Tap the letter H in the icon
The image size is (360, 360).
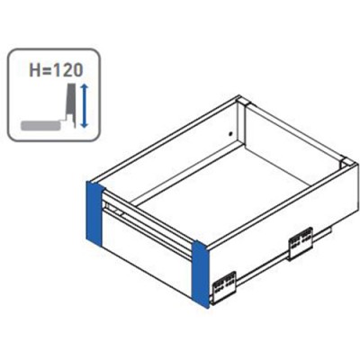[34, 70]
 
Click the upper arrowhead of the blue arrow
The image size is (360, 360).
[85, 88]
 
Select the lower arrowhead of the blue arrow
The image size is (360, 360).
[85, 124]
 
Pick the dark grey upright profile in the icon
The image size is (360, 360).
[71, 104]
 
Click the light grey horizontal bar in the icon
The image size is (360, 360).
[42, 125]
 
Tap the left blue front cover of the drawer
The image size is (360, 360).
[94, 212]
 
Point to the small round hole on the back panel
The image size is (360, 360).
[230, 133]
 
